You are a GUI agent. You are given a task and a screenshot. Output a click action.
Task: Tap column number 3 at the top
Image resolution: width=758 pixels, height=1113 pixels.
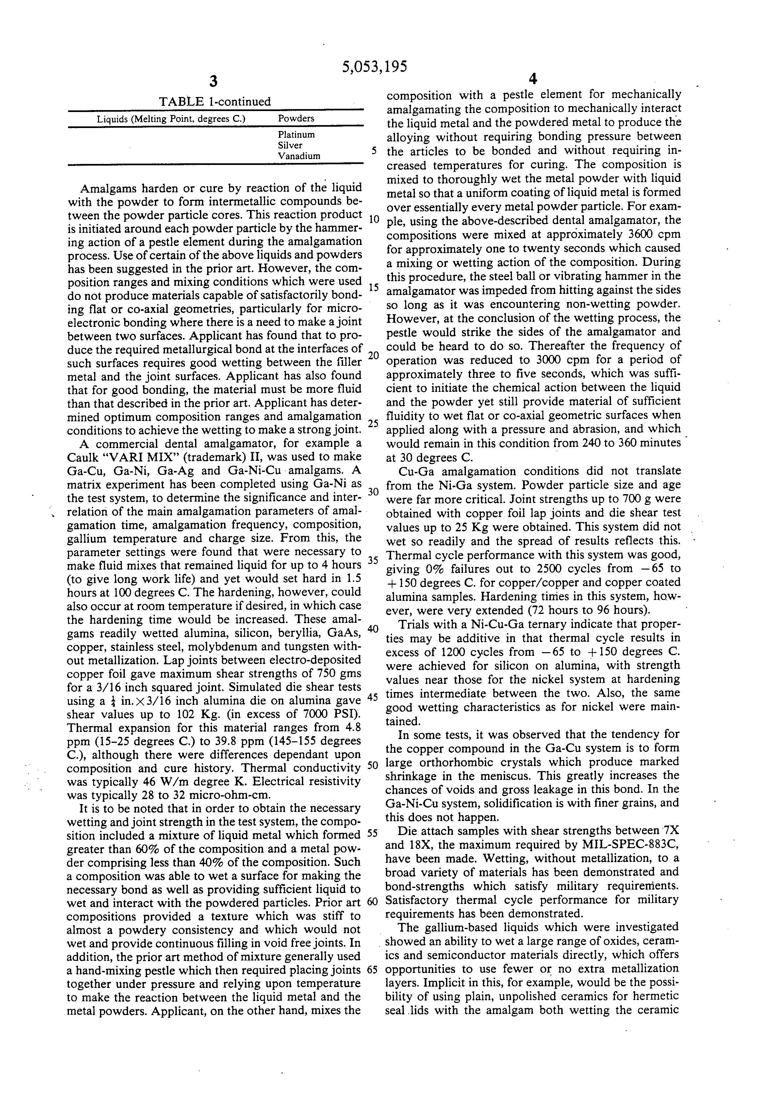214,81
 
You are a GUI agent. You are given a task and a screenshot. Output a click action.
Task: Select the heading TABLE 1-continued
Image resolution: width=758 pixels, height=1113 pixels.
215,102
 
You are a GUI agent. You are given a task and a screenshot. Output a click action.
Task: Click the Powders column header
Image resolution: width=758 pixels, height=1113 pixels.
296,118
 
